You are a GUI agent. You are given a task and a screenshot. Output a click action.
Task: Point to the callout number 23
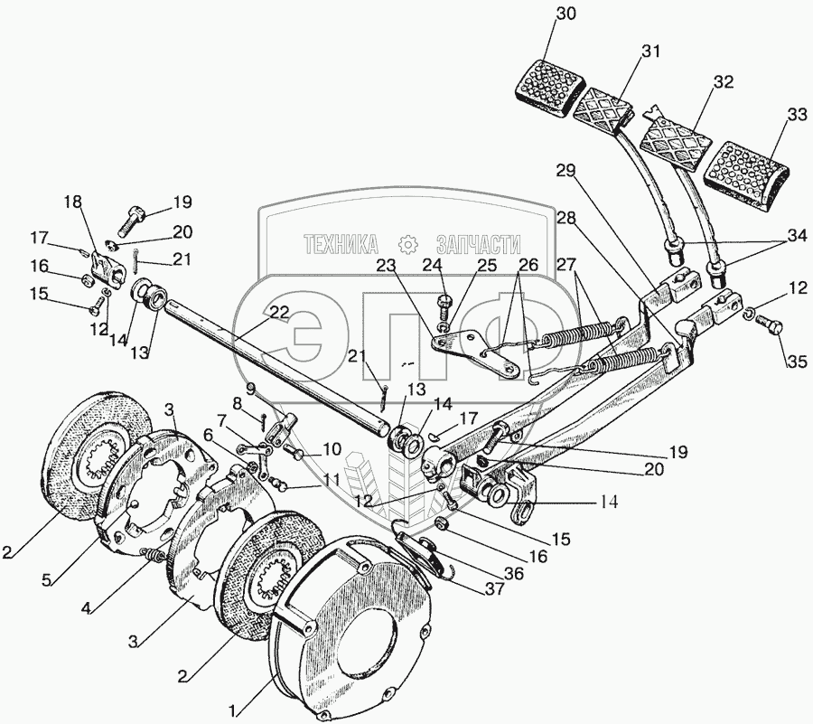pos(387,268)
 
